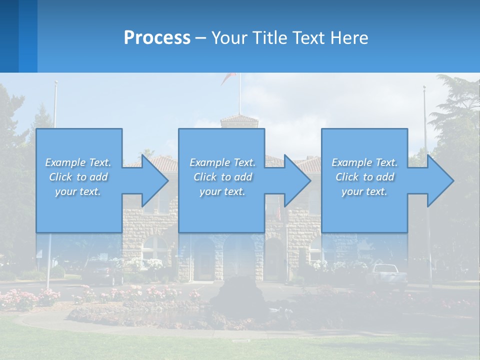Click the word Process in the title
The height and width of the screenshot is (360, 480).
pyautogui.click(x=157, y=38)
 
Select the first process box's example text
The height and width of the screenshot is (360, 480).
pyautogui.click(x=78, y=177)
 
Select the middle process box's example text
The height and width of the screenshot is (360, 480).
pyautogui.click(x=222, y=177)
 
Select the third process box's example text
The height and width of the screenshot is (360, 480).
pyautogui.click(x=364, y=177)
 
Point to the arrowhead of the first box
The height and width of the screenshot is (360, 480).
pyautogui.click(x=154, y=180)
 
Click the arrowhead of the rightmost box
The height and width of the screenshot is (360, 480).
pyautogui.click(x=439, y=180)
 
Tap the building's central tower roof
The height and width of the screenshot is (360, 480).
pyautogui.click(x=239, y=119)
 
